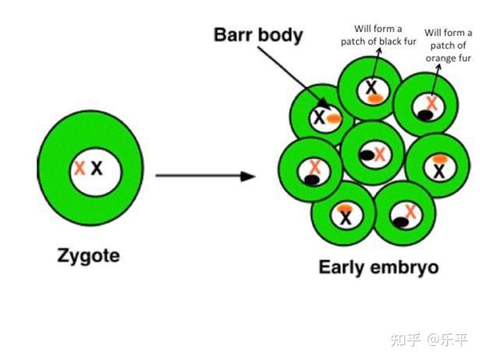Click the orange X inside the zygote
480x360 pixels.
tap(79, 168)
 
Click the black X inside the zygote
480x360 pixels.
tap(97, 168)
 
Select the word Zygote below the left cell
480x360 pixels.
tap(88, 255)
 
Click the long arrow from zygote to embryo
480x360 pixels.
tap(205, 176)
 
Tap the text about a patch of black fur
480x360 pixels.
tap(374, 35)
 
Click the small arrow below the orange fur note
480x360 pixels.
tap(438, 76)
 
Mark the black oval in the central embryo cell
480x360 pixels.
tap(366, 156)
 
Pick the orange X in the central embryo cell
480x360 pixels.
tap(379, 154)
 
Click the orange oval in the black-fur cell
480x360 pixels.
tap(375, 98)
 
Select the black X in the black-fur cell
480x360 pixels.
tap(372, 87)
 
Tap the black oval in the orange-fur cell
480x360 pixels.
tap(425, 115)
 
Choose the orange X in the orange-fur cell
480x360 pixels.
tap(431, 102)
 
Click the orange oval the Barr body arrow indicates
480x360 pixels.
tap(334, 118)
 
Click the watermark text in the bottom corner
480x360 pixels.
tap(429, 340)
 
